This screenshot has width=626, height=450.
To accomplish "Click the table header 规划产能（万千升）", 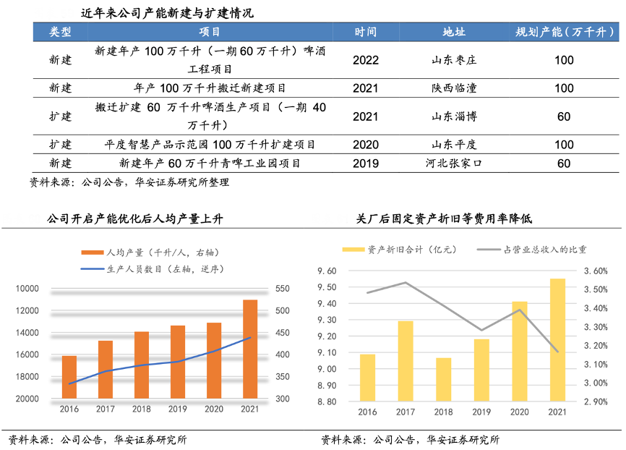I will (x=564, y=33).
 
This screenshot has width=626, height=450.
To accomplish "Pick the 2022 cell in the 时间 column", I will (x=366, y=60).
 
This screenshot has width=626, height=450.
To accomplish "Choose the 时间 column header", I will (x=366, y=33).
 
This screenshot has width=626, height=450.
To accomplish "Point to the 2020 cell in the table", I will (x=366, y=145).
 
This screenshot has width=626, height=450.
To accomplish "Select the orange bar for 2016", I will (x=69, y=377).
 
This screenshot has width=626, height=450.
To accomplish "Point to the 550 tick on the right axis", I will (x=282, y=289).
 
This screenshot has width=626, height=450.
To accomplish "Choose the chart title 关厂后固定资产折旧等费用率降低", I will (x=445, y=218).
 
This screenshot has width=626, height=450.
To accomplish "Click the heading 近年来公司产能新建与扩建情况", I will (x=167, y=13).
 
